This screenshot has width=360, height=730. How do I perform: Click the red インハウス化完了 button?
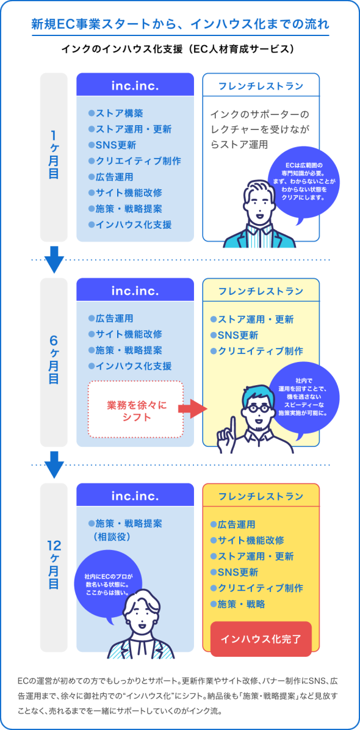(261, 638)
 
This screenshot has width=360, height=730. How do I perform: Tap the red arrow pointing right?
(192, 409)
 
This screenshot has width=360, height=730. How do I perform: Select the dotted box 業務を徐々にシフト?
(136, 409)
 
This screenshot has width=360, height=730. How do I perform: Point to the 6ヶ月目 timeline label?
(54, 362)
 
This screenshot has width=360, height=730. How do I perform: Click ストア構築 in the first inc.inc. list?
(117, 113)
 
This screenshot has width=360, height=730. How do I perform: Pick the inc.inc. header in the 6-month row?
(135, 290)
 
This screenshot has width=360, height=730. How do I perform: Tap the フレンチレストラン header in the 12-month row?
(261, 496)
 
